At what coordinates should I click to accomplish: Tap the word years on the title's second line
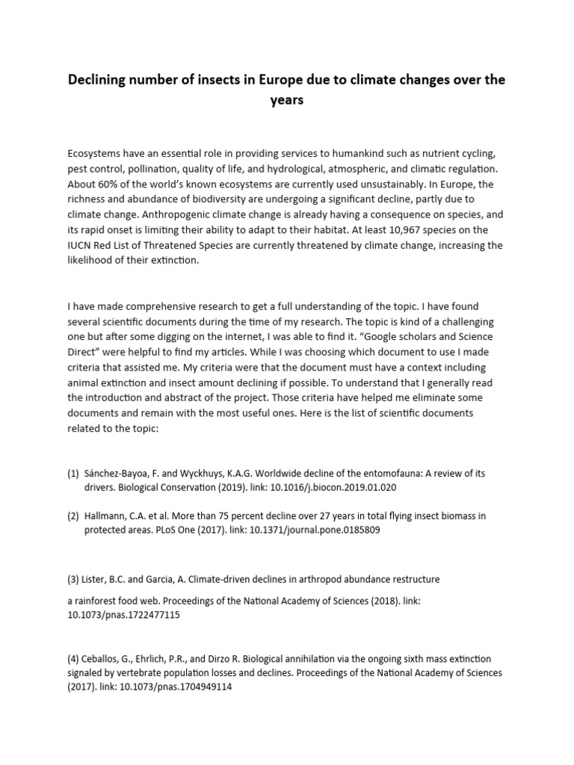287,100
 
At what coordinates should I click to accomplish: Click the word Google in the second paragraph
405,338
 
